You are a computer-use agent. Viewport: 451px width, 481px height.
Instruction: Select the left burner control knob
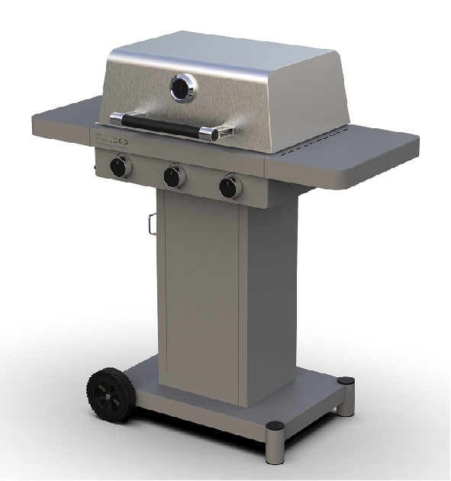point(119,166)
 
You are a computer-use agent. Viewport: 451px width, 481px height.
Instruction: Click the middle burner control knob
point(174,176)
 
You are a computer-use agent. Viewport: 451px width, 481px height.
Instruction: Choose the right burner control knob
point(229,187)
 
